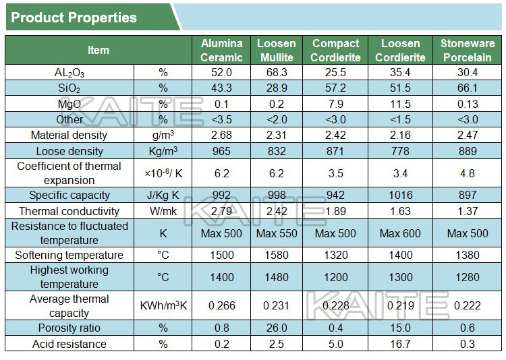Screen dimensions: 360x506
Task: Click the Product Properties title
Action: (x=74, y=18)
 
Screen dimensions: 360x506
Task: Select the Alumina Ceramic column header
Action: (x=221, y=51)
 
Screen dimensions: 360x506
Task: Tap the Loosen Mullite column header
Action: (x=277, y=51)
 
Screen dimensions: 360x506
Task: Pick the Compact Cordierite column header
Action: (x=335, y=51)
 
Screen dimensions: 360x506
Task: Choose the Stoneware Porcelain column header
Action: (x=467, y=51)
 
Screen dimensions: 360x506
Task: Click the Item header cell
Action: (x=98, y=51)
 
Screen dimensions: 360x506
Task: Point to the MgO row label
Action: (x=69, y=104)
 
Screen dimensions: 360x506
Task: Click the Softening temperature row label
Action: (x=69, y=256)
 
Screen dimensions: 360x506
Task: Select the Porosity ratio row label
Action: (x=69, y=328)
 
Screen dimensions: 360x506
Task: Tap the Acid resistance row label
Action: (x=69, y=344)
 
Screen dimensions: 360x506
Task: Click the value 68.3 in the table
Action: (x=277, y=73)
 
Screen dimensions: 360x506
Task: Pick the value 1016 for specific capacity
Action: (x=400, y=196)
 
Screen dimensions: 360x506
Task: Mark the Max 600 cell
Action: (x=400, y=234)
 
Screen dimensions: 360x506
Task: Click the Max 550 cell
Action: (x=277, y=234)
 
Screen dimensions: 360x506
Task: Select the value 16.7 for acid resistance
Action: (x=400, y=344)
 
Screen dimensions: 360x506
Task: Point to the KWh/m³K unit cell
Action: (x=163, y=306)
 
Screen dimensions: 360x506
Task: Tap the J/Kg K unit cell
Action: (x=163, y=196)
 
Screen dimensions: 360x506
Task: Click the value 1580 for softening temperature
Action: (x=277, y=256)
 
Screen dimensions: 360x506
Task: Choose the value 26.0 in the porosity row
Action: (x=277, y=328)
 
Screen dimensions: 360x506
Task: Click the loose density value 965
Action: (x=221, y=151)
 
